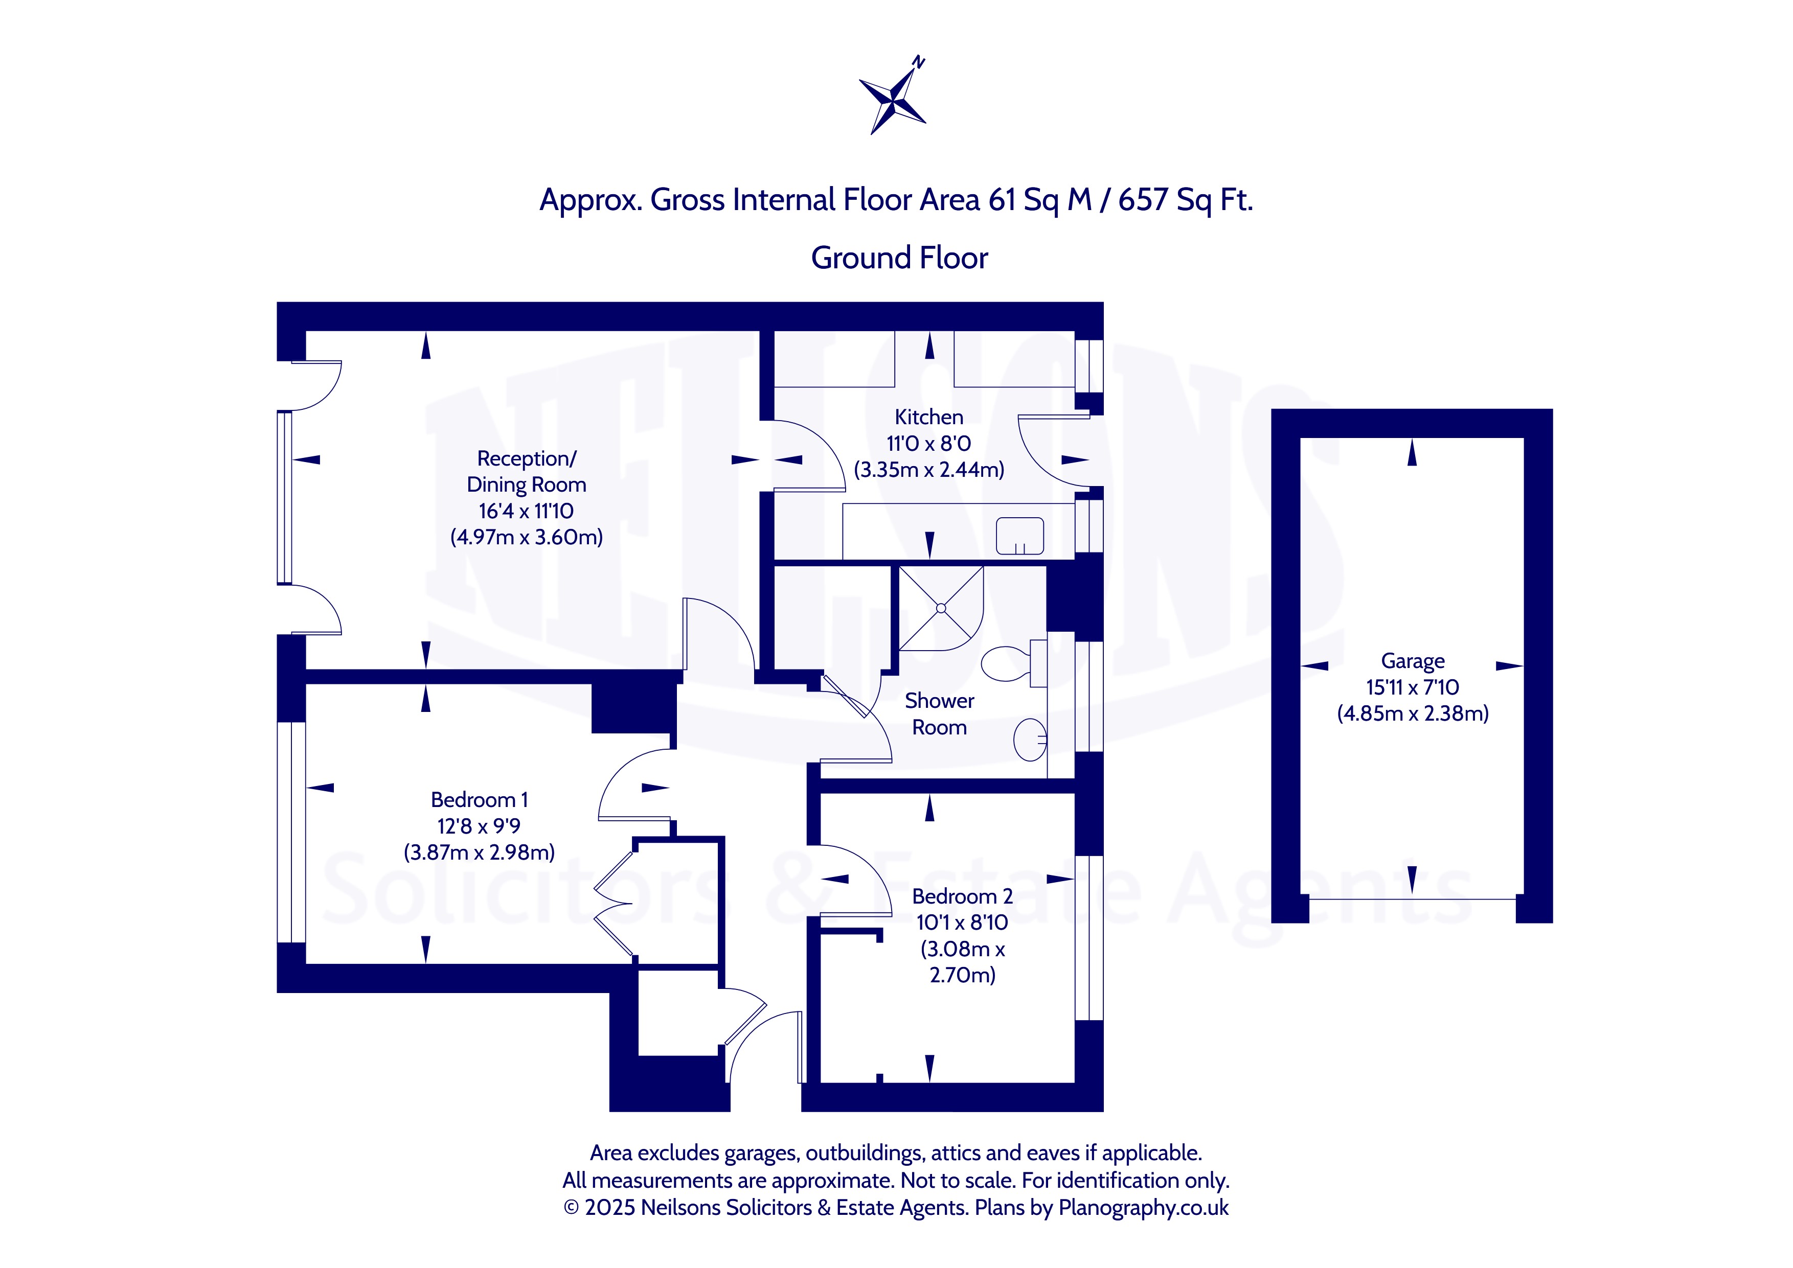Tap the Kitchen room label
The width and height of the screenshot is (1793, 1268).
(x=928, y=417)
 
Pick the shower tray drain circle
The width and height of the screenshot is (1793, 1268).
(x=941, y=608)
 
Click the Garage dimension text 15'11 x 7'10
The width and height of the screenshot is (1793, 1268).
(x=1413, y=687)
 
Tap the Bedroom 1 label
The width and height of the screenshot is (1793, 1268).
(x=480, y=799)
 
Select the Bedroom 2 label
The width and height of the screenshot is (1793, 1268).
(x=962, y=896)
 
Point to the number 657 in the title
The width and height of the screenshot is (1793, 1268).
(x=1143, y=200)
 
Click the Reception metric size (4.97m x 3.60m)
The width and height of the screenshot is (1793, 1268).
(x=526, y=537)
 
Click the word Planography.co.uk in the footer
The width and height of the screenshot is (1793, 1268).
(x=1143, y=1207)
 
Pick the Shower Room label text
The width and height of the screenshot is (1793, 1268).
(x=940, y=713)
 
